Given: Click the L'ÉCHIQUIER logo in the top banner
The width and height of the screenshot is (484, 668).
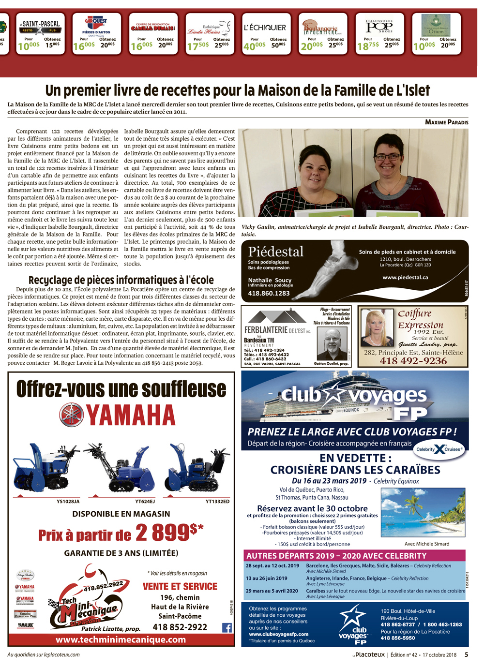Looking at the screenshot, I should [265, 28].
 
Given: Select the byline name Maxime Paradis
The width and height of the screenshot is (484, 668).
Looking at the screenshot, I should [446, 122].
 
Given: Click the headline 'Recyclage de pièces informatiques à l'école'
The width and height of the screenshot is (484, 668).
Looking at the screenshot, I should [121, 280].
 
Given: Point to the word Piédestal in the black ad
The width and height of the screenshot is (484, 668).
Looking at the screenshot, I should [275, 252].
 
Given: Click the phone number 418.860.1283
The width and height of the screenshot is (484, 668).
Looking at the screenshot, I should [269, 293].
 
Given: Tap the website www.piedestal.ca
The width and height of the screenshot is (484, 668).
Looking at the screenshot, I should [405, 277].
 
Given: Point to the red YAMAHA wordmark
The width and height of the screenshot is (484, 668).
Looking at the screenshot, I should [131, 415].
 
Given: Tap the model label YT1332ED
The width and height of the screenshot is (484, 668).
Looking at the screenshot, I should [217, 501].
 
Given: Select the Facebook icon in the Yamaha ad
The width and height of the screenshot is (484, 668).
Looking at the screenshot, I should [227, 627].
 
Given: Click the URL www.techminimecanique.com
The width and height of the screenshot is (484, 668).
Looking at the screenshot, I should [121, 639].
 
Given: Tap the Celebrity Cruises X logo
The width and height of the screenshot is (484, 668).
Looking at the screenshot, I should [439, 449].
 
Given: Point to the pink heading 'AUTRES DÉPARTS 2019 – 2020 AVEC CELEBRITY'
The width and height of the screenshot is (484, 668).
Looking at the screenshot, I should [336, 556].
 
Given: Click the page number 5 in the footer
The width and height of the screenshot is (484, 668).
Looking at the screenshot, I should [466, 654].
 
